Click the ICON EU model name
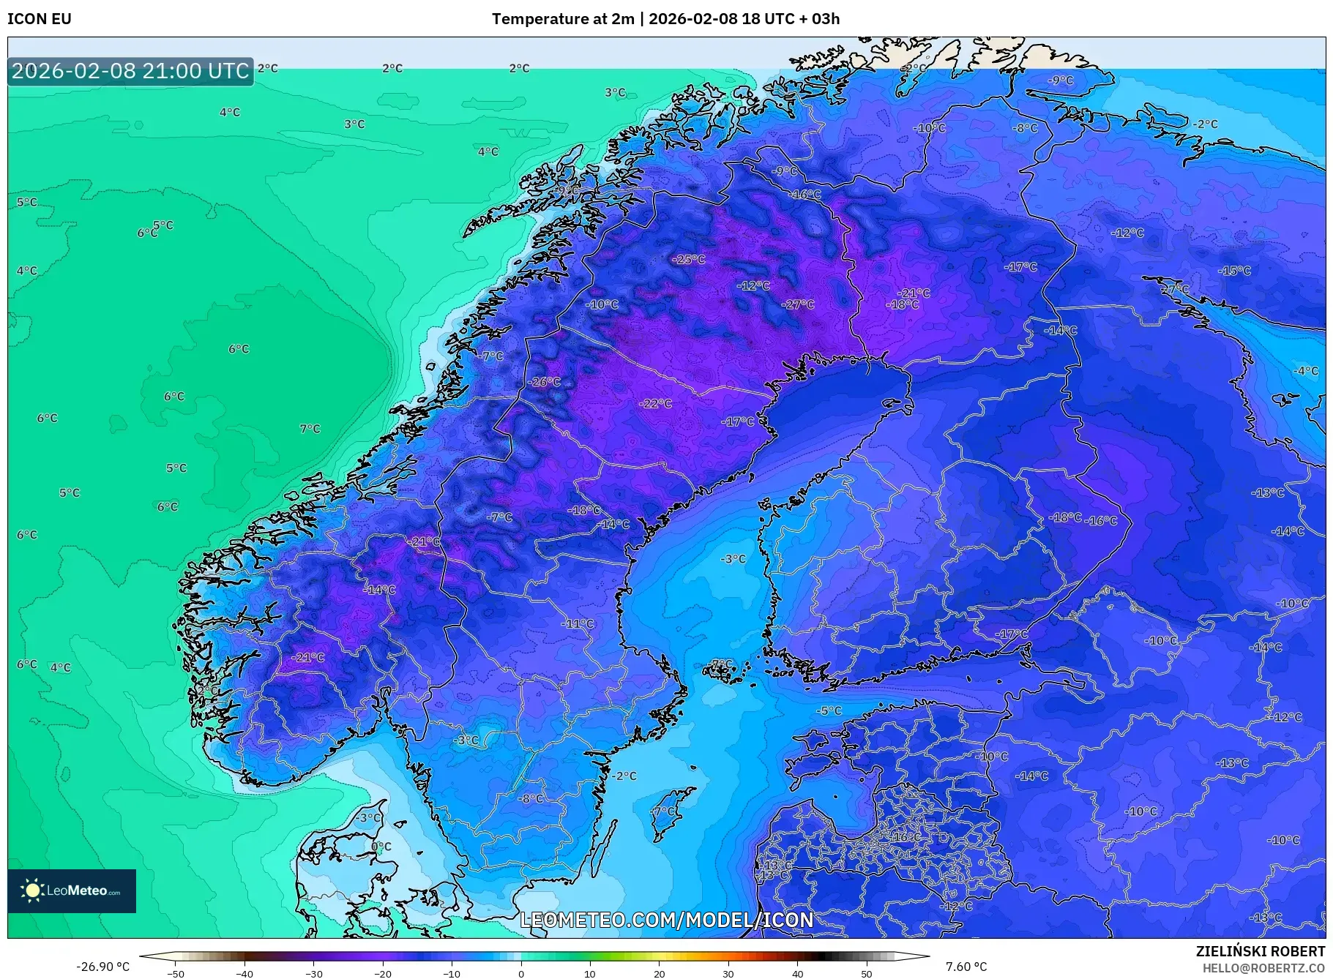[x=40, y=19]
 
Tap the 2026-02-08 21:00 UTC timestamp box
[x=130, y=71]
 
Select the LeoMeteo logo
[x=72, y=890]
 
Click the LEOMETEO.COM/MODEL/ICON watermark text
[x=666, y=920]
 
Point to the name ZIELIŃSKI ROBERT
[x=1260, y=951]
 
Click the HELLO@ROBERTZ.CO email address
[x=1263, y=968]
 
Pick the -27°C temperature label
[x=797, y=304]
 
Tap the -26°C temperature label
[x=544, y=382]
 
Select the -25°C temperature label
[x=688, y=260]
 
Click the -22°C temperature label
[x=655, y=404]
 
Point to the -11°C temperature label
[x=578, y=624]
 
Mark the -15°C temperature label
[x=1234, y=271]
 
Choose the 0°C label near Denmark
[x=381, y=847]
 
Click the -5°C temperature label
[x=829, y=710]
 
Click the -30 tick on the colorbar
[x=313, y=974]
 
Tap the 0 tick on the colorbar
[x=521, y=974]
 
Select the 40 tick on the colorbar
[x=797, y=974]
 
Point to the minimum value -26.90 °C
[x=102, y=967]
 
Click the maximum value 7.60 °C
[x=966, y=967]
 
